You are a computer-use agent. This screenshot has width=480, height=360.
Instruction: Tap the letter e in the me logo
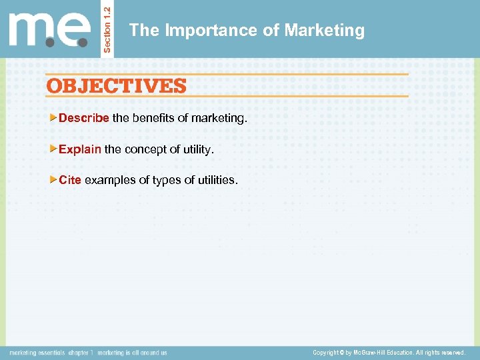coord(75,30)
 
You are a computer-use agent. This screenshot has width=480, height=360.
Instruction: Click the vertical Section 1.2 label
coord(108,28)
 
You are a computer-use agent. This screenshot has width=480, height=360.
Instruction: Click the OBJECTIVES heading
coord(117,85)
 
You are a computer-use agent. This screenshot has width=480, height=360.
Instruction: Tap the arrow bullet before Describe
coord(54,118)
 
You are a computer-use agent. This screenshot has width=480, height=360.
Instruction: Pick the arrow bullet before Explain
coord(54,149)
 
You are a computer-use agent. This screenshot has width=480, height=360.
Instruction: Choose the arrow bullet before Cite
coord(54,179)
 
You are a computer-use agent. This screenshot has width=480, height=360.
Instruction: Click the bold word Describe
coord(84,118)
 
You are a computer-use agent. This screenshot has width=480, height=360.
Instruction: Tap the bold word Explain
coord(80,149)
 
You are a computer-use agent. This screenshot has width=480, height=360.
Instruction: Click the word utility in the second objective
coord(197,149)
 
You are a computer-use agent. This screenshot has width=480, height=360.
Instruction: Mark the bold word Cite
coord(70,179)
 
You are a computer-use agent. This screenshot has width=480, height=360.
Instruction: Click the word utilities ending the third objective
coord(217,179)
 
